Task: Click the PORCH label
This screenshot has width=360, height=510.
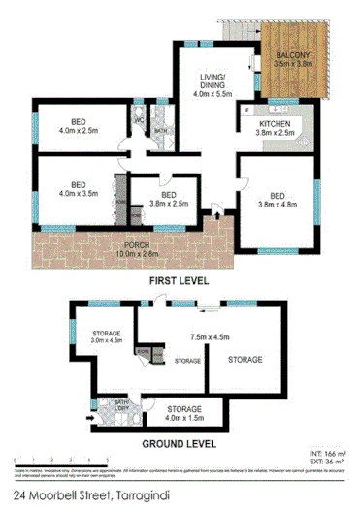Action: pos(122,246)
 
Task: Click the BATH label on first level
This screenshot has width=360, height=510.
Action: pos(161,130)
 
